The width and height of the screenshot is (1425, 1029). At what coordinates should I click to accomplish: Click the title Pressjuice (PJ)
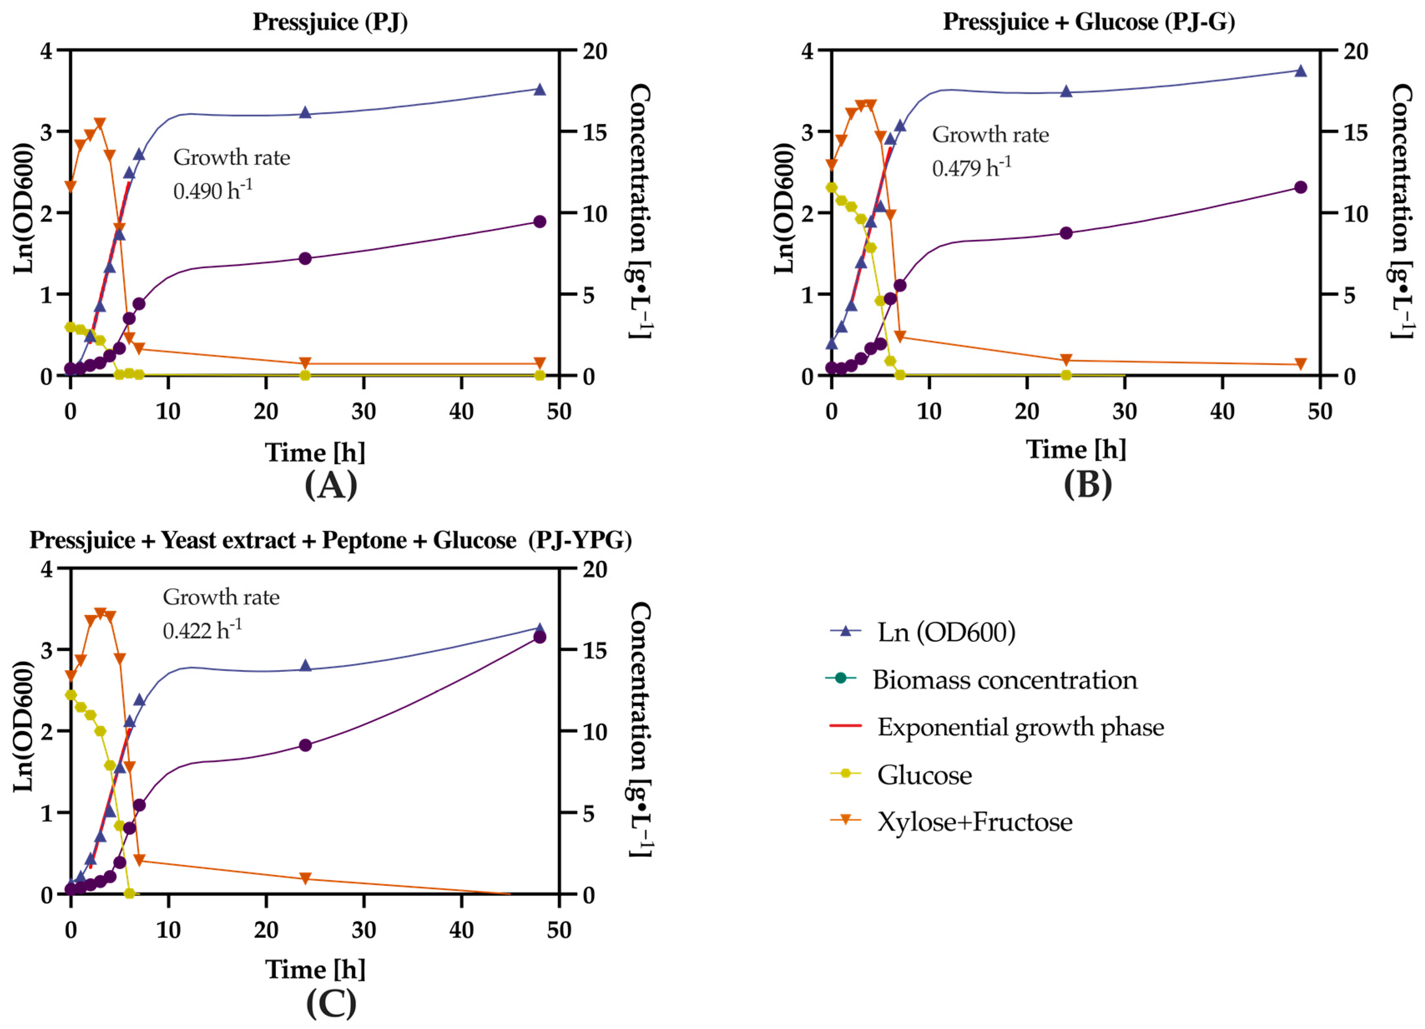pyautogui.click(x=330, y=22)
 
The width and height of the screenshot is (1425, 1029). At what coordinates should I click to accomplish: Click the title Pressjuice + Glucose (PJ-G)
pyautogui.click(x=1088, y=22)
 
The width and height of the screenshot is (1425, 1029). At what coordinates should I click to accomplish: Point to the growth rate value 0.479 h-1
pyautogui.click(x=971, y=168)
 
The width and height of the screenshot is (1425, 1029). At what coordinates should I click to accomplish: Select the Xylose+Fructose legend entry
pyautogui.click(x=974, y=822)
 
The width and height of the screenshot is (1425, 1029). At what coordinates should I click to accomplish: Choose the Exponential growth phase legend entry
pyautogui.click(x=1020, y=727)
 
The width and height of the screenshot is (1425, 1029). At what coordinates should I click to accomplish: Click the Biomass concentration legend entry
pyautogui.click(x=1004, y=680)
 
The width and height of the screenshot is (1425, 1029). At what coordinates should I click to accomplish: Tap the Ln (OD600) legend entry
pyautogui.click(x=946, y=633)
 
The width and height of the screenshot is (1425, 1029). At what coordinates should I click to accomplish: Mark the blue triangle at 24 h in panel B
pyautogui.click(x=1066, y=92)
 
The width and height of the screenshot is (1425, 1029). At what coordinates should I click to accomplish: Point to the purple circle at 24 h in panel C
pyautogui.click(x=305, y=746)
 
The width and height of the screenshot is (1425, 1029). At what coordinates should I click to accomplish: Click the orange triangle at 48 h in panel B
pyautogui.click(x=1300, y=364)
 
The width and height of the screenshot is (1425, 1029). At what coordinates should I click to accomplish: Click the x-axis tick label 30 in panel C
pyautogui.click(x=364, y=930)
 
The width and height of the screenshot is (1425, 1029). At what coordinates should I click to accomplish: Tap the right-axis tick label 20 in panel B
pyautogui.click(x=1354, y=51)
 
